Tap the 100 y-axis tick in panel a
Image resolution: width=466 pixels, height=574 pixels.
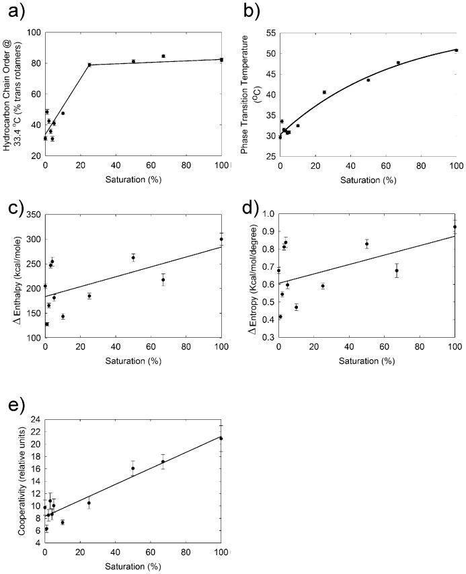pos(33,32)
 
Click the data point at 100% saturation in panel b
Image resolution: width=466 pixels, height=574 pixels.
pos(456,50)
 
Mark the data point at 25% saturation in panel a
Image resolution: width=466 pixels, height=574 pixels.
pos(89,65)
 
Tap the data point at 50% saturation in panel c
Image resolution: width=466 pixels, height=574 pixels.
pos(133,257)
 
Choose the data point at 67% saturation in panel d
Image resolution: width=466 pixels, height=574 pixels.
pos(397,271)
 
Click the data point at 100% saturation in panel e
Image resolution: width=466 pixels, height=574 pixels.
pos(221,438)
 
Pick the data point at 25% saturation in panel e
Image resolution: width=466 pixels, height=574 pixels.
pos(89,503)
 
